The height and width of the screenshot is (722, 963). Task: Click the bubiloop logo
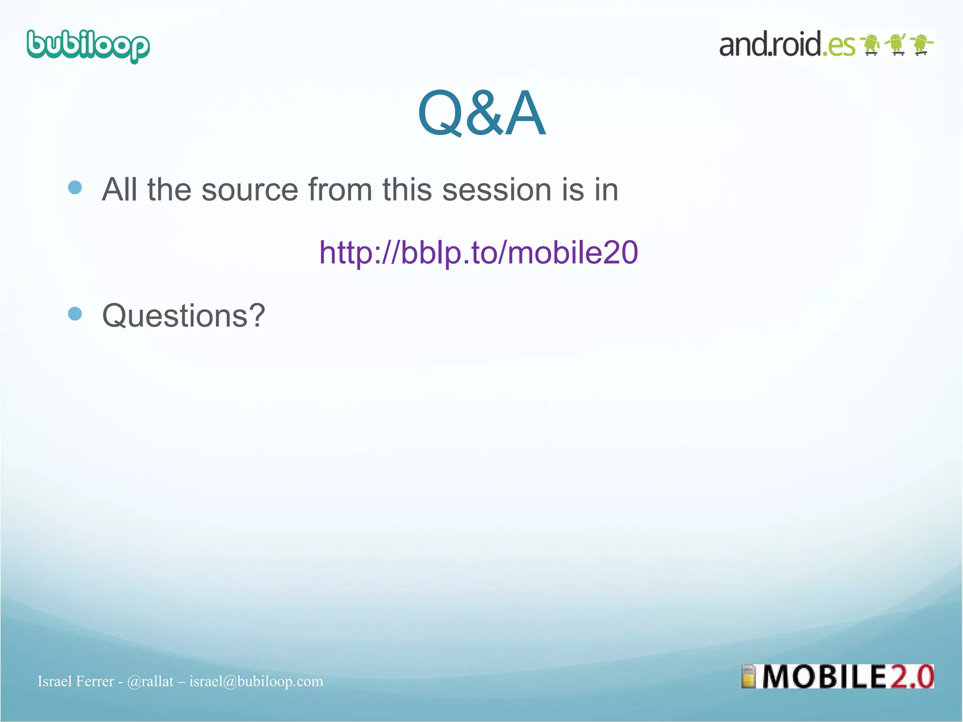[x=88, y=46]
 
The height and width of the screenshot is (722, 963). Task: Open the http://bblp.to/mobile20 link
[x=478, y=252]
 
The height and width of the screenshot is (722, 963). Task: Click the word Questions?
[x=183, y=315]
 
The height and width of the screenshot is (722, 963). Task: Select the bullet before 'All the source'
[x=75, y=188]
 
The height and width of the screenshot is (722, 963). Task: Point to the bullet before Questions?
[x=75, y=314]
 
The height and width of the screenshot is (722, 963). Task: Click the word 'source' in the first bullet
[x=250, y=190]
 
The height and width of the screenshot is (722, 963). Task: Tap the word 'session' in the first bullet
[x=497, y=190]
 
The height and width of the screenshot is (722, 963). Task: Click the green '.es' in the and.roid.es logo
[x=839, y=46]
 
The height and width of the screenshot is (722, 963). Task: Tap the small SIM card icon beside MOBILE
[x=748, y=677]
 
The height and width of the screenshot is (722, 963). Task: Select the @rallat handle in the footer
[x=150, y=681]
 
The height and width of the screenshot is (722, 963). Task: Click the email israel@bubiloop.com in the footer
[x=256, y=681]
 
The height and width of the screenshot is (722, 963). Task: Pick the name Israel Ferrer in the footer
[x=76, y=681]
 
